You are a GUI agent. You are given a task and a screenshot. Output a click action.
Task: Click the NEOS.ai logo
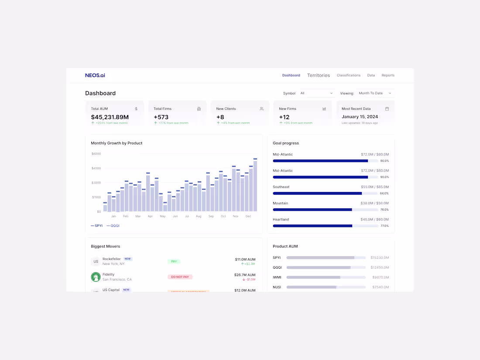point(95,75)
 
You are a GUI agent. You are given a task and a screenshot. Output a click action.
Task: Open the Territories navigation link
point(319,75)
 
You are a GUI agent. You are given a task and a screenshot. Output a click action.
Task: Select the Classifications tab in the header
point(349,75)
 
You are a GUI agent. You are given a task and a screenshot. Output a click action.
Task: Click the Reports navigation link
point(388,75)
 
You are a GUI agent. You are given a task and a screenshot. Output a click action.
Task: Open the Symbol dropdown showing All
point(316,93)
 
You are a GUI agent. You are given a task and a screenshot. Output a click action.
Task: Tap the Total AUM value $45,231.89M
point(110,117)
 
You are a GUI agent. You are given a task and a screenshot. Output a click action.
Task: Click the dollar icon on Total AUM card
point(136,109)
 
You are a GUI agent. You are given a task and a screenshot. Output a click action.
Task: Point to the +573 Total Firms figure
point(161,117)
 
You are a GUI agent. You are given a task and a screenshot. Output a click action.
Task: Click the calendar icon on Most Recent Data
point(387,109)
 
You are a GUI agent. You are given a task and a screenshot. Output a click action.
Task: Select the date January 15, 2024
point(360,117)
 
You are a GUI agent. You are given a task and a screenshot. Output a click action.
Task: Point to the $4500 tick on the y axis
point(96,168)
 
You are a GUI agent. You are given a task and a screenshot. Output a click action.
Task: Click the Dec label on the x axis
point(248,216)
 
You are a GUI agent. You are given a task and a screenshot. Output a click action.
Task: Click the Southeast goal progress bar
point(325,193)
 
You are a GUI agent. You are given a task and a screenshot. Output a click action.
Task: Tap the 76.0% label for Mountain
point(384,210)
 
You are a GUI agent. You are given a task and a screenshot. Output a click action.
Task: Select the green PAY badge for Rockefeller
point(174,261)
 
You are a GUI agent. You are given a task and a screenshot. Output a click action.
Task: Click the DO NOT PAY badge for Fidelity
point(180,277)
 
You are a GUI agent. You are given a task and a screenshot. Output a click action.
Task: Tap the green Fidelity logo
point(96,277)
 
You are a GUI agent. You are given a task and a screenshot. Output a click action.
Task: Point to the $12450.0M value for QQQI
point(380,267)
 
